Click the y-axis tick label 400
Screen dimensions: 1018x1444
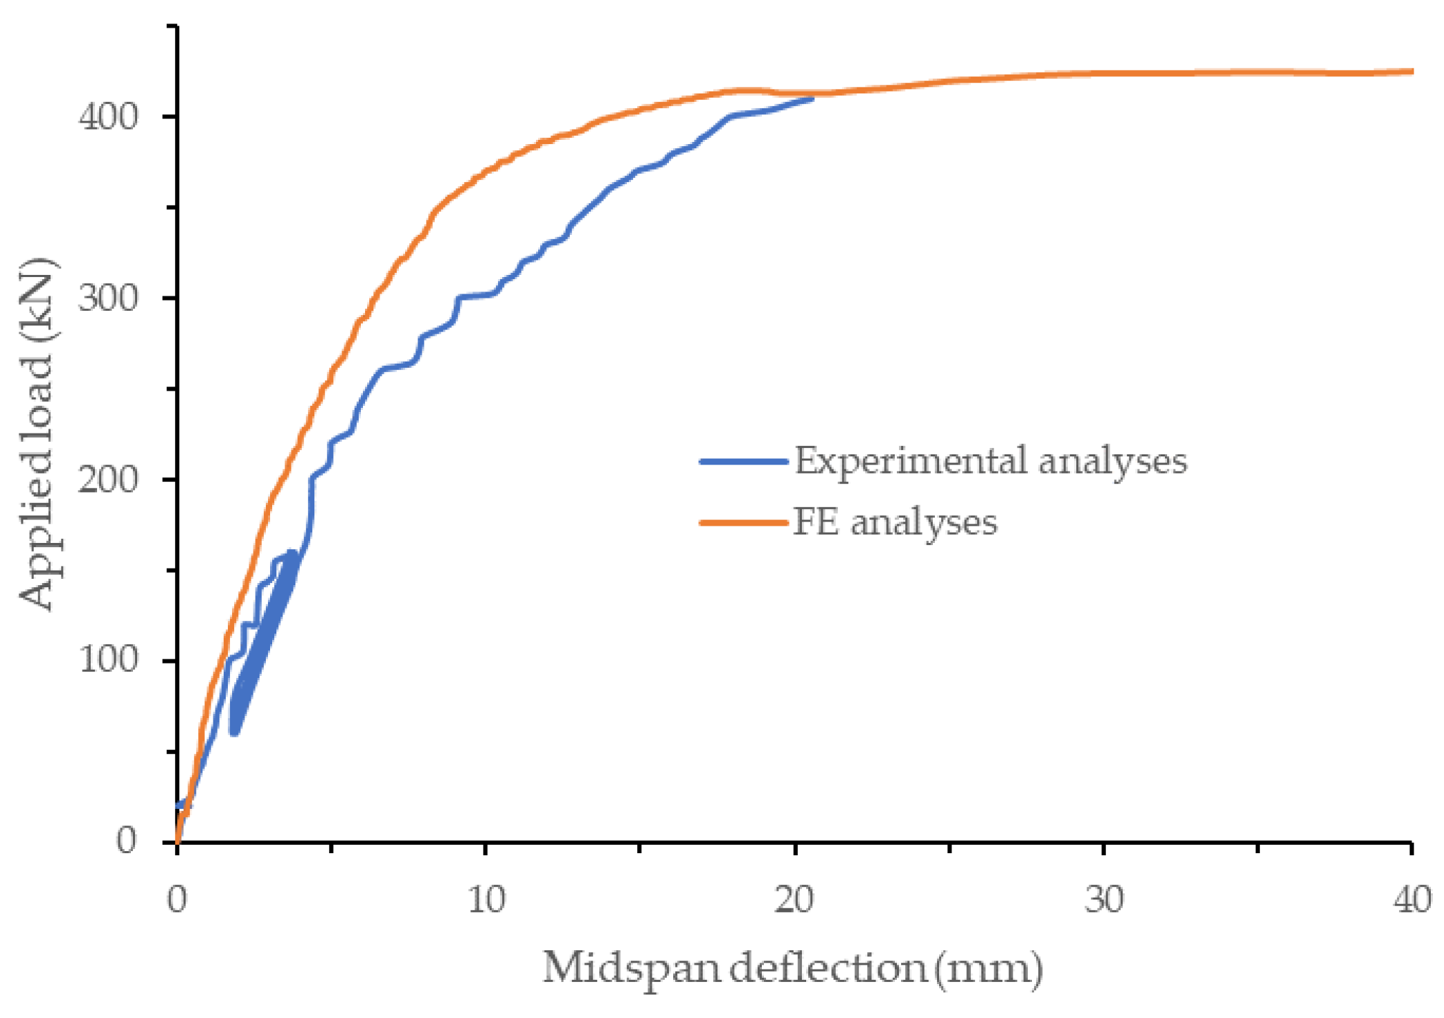[x=109, y=117]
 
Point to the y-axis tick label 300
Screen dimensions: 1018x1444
[x=109, y=299]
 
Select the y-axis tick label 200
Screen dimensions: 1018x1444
[x=109, y=480]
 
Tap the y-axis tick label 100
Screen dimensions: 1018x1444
[x=109, y=659]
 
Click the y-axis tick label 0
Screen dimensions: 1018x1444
[x=126, y=841]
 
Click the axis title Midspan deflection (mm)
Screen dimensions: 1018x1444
[x=792, y=968]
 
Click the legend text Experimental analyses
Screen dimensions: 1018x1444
[x=990, y=461]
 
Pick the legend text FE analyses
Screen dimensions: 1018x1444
[x=895, y=522]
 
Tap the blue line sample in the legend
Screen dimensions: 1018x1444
[x=744, y=461]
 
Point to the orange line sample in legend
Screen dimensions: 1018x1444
[x=744, y=522]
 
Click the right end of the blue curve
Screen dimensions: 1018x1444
[x=812, y=99]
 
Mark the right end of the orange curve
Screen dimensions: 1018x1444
[x=1411, y=71]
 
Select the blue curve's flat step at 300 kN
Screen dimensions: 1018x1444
[x=476, y=296]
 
